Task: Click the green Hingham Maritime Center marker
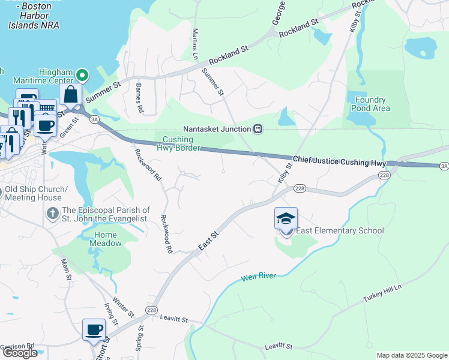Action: [83, 76]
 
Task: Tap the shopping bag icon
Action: [70, 95]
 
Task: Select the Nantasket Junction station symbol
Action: [258, 128]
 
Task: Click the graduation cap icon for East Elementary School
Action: [286, 219]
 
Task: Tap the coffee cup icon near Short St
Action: [94, 329]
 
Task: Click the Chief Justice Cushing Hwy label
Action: [339, 161]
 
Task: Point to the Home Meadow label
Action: [105, 239]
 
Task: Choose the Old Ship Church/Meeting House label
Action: [33, 194]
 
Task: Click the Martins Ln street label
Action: [194, 42]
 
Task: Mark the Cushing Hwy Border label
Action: [178, 143]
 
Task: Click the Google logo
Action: [20, 353]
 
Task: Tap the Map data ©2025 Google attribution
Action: [411, 355]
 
